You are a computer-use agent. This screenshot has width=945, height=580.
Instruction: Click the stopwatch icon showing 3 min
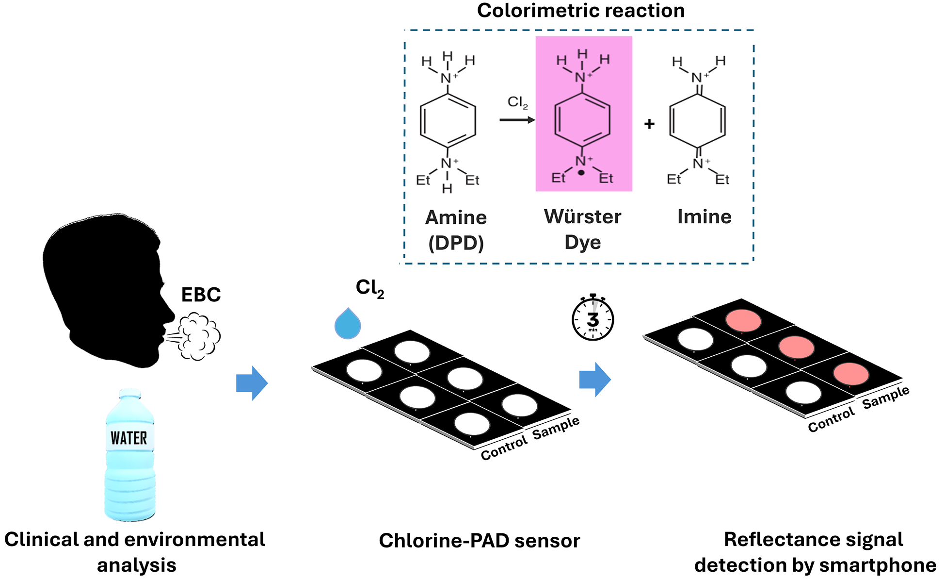pyautogui.click(x=593, y=317)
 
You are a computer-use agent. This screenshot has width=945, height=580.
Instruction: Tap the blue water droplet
pyautogui.click(x=348, y=323)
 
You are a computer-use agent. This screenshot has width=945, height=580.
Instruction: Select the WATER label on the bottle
pyautogui.click(x=128, y=438)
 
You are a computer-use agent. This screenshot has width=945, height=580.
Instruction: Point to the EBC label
pyautogui.click(x=201, y=295)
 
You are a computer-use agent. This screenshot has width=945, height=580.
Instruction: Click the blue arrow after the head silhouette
pyautogui.click(x=252, y=383)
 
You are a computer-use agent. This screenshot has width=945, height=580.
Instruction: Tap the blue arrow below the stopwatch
pyautogui.click(x=595, y=380)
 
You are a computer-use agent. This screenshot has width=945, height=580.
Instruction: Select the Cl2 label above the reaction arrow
pyautogui.click(x=517, y=102)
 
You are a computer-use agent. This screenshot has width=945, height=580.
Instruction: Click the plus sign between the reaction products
pyautogui.click(x=649, y=124)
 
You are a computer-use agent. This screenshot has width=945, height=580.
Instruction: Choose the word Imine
pyautogui.click(x=704, y=216)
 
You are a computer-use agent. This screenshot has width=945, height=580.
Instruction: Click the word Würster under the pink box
pyautogui.click(x=582, y=216)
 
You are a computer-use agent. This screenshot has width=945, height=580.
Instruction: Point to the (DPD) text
pyautogui.click(x=456, y=243)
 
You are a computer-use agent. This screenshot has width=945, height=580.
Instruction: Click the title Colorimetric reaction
pyautogui.click(x=581, y=10)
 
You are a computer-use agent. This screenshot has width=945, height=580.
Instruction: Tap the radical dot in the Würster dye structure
pyautogui.click(x=581, y=172)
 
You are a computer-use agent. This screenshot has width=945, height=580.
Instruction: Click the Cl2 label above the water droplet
pyautogui.click(x=370, y=288)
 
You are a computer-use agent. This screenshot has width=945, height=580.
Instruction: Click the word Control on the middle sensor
pyautogui.click(x=504, y=448)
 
